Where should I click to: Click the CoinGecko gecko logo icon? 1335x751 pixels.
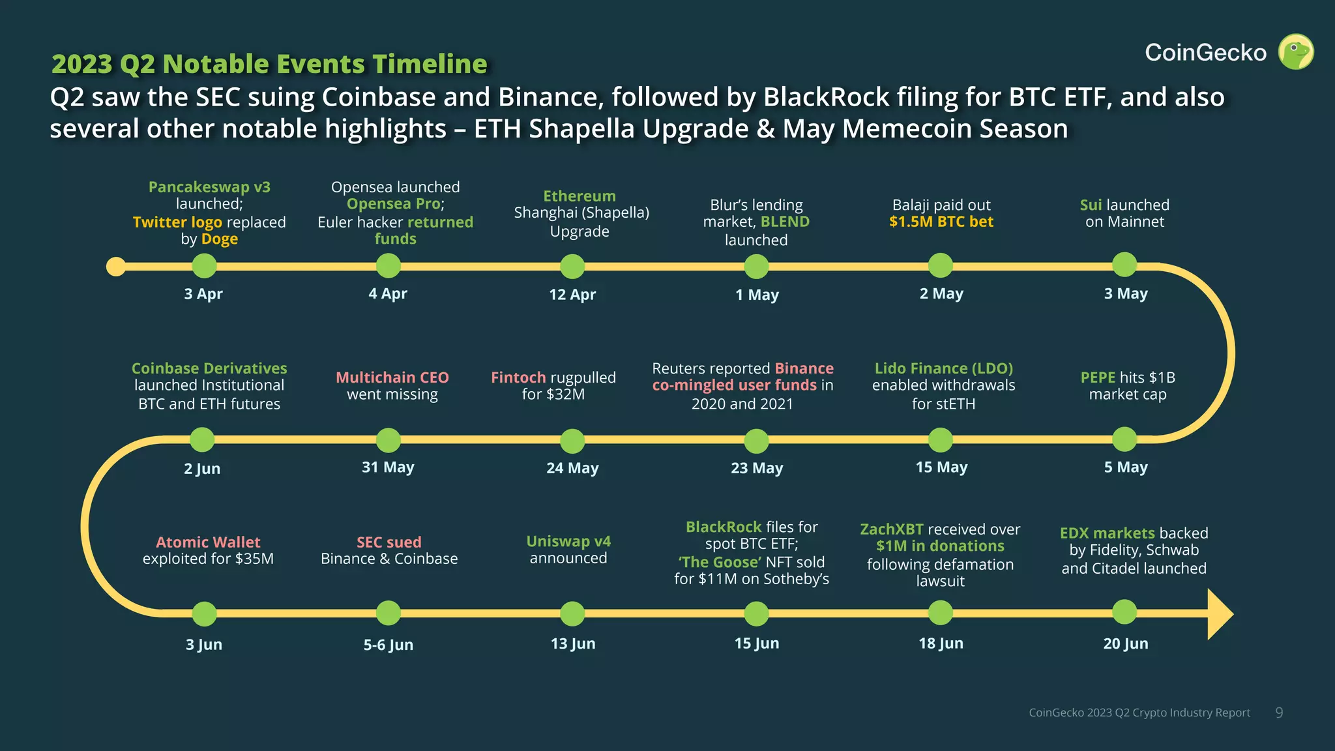click(x=1295, y=52)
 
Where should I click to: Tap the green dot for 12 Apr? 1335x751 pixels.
click(x=572, y=266)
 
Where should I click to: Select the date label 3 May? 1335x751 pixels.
click(x=1126, y=294)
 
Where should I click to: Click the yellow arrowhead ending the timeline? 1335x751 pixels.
click(x=1220, y=614)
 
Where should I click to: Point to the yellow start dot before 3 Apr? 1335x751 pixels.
click(x=116, y=267)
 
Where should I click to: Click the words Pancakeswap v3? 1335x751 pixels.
click(x=209, y=187)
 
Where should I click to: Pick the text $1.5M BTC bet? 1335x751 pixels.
click(x=941, y=222)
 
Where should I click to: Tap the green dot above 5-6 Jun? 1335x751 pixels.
click(x=389, y=613)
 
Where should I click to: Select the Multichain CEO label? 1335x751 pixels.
click(x=392, y=377)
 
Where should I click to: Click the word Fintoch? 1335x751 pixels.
click(x=518, y=377)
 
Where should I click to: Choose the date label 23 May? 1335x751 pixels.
click(x=757, y=468)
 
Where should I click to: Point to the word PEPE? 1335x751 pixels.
click(x=1098, y=377)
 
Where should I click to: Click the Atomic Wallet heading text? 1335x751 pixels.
click(x=208, y=542)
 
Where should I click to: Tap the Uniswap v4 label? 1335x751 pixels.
click(x=568, y=541)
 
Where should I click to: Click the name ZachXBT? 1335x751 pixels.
click(x=892, y=529)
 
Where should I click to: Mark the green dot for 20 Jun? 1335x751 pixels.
click(x=1124, y=612)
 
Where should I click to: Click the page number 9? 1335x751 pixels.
click(x=1279, y=713)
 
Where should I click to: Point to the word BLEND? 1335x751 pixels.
click(x=785, y=222)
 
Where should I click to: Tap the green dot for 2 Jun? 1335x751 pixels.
click(x=202, y=440)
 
